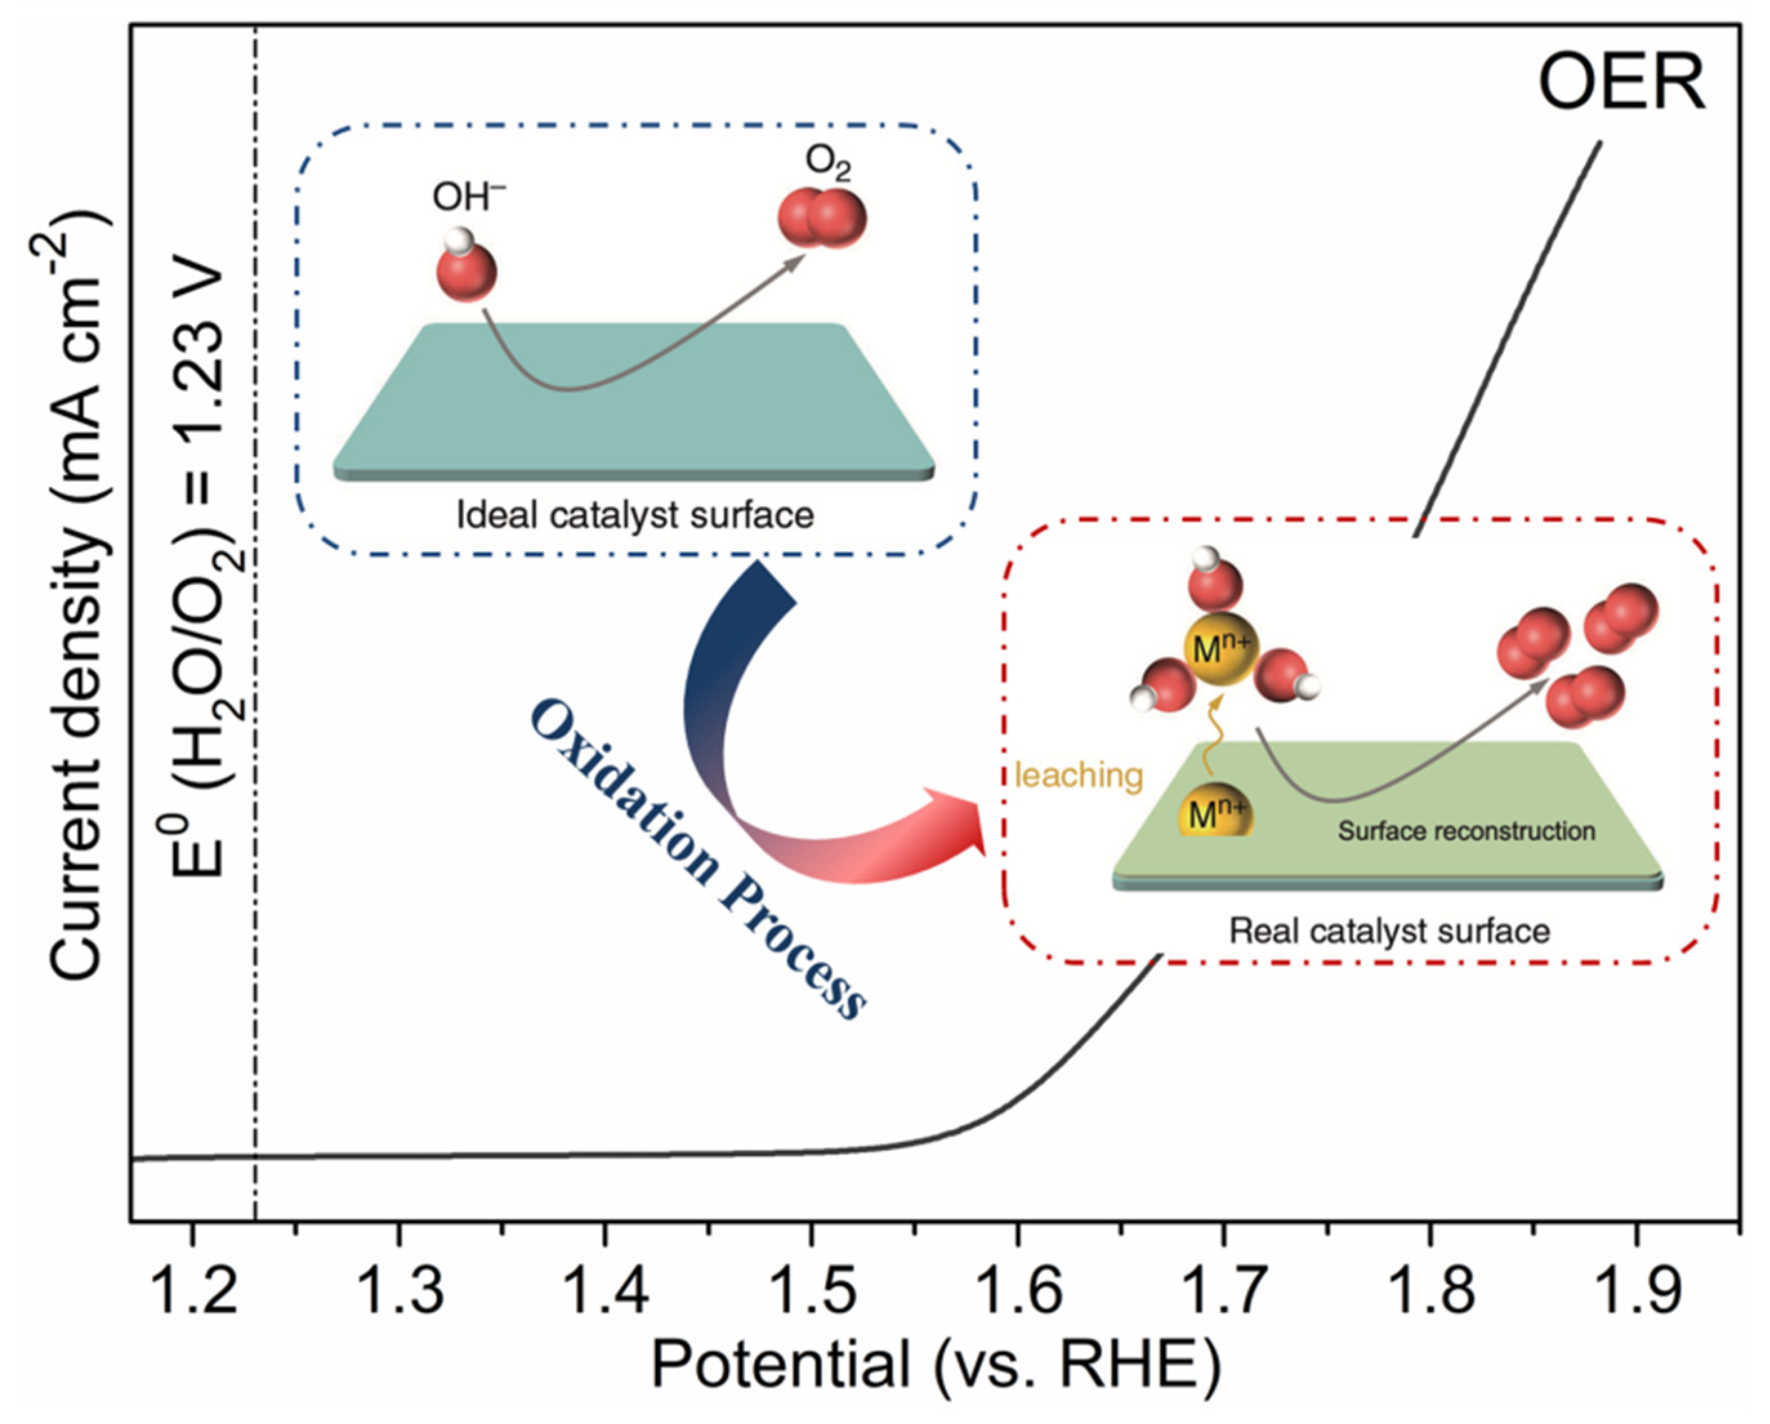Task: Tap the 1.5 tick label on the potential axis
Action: [811, 1289]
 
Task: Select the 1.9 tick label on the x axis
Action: [1636, 1289]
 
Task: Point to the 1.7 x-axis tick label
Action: [1223, 1289]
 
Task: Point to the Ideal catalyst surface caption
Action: [635, 515]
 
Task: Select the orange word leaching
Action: [1079, 775]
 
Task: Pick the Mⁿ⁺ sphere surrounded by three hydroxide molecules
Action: [1220, 649]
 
